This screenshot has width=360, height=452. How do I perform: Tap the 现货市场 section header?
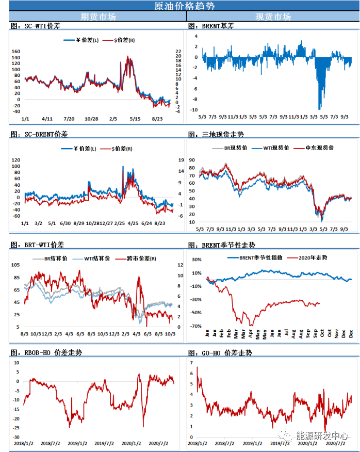click(x=273, y=16)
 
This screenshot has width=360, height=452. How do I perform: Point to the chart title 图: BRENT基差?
click(x=211, y=26)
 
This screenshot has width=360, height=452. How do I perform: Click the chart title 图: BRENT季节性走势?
click(x=221, y=245)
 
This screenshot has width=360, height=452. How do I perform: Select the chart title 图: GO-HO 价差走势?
click(x=220, y=353)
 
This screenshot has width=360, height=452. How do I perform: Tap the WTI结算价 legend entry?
click(x=90, y=258)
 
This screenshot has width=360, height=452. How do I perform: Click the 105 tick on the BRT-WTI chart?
click(x=15, y=265)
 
